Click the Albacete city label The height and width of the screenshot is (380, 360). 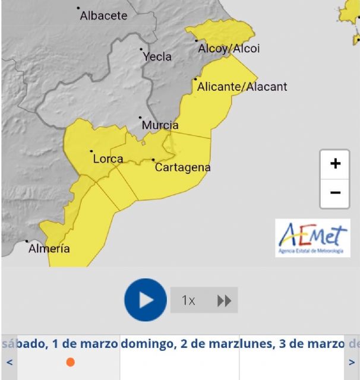[x=103, y=15]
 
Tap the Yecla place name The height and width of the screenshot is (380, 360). [x=157, y=56]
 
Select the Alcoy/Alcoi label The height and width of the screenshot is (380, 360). [x=229, y=49]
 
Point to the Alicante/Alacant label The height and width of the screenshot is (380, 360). [x=242, y=87]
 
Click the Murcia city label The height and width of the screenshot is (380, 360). [x=160, y=125]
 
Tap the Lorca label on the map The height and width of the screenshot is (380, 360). [x=108, y=159]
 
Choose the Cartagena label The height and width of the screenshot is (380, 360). [x=182, y=167]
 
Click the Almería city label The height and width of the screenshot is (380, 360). [x=49, y=249]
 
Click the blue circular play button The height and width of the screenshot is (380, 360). [x=146, y=300]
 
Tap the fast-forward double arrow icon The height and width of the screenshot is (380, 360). [x=224, y=300]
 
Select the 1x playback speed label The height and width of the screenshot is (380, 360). [x=188, y=300]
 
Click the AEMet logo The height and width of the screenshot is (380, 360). [x=312, y=238]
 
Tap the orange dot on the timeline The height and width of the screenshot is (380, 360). [x=70, y=362]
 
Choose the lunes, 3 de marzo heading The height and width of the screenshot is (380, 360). [x=292, y=344]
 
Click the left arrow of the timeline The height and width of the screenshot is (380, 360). [x=9, y=362]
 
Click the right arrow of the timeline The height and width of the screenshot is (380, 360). [x=352, y=362]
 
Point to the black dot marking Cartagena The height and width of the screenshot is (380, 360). [x=153, y=160]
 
